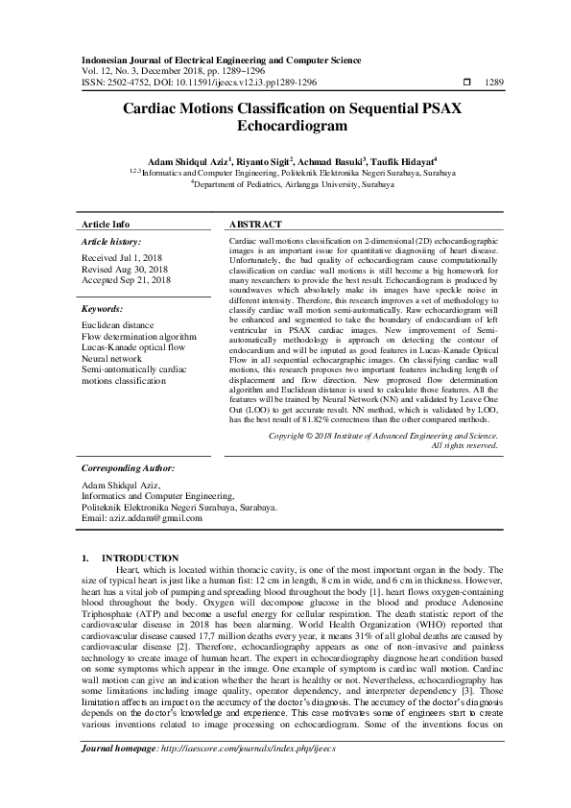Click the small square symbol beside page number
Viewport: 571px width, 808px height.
(466, 83)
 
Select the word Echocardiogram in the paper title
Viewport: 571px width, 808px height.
(285, 126)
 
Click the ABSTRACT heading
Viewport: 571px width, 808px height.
(255, 223)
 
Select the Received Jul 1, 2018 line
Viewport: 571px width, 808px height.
(121, 259)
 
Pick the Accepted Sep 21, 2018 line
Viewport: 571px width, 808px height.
(127, 280)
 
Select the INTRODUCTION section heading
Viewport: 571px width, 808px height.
(140, 558)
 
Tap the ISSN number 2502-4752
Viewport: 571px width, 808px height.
(124, 83)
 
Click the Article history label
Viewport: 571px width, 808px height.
(112, 243)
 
